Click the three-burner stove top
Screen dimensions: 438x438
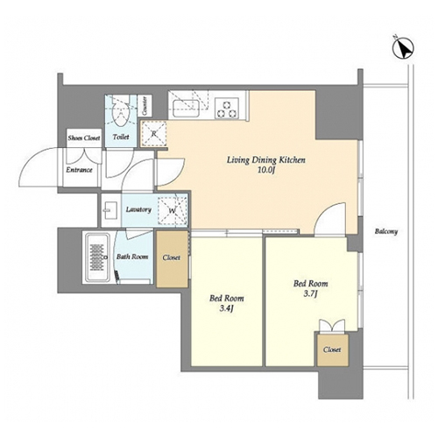point(227,109)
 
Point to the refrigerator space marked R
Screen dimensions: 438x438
point(154,134)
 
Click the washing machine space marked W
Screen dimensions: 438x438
point(173,210)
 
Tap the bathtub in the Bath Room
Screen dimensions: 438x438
point(96,258)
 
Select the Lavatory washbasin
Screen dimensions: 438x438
point(110,209)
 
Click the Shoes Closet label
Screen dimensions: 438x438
point(84,138)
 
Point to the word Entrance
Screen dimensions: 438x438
point(79,170)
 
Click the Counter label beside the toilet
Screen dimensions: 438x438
point(145,106)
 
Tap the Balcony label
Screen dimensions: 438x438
point(386,231)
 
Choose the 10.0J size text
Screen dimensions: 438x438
point(266,170)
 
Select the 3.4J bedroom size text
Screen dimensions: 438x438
point(227,308)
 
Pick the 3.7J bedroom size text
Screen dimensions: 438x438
point(310,293)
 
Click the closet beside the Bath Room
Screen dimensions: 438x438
point(172,258)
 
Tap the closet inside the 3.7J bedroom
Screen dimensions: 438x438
point(333,350)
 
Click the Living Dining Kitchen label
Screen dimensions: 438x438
point(266,160)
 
